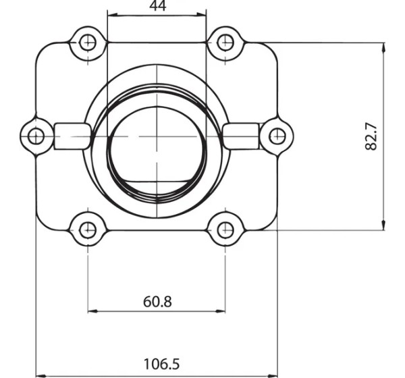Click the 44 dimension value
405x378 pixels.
tap(158, 5)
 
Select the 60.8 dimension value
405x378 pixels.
tap(157, 302)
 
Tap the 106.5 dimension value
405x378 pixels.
tap(161, 364)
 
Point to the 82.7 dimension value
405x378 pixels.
tap(371, 136)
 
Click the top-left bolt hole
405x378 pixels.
tap(88, 43)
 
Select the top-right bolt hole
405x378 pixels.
tap(225, 43)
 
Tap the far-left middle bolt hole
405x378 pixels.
tap(36, 136)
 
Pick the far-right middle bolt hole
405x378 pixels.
tap(277, 136)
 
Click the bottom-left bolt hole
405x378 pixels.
tap(88, 230)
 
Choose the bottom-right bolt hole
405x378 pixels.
tap(225, 230)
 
